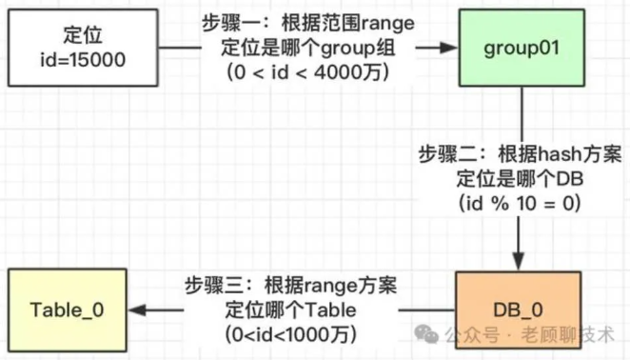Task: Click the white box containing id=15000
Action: point(83,48)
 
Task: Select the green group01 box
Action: point(522,48)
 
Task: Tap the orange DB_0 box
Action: point(519,310)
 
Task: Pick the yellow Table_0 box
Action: point(68,310)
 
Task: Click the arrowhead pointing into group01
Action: point(449,48)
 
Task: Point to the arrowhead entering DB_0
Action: point(519,262)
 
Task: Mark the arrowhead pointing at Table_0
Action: point(137,310)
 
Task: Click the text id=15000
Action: point(83,60)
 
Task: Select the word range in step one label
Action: point(387,24)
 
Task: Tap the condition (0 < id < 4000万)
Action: point(308,72)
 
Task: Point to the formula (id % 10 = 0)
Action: point(520,203)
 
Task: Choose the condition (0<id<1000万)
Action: point(290,334)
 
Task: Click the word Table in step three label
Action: point(330,310)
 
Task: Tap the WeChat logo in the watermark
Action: point(426,334)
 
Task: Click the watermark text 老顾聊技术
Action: point(568,334)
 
